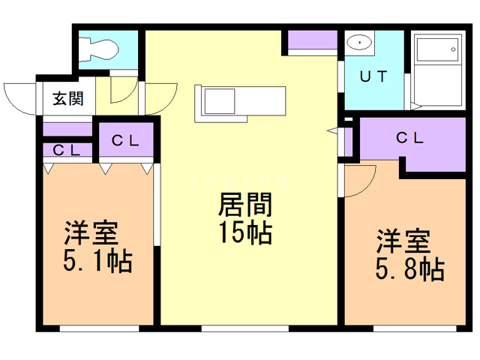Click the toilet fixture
click(x=97, y=47)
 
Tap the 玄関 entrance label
click(x=67, y=97)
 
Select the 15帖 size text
click(x=244, y=234)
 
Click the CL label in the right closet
click(x=409, y=138)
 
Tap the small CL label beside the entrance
click(x=67, y=150)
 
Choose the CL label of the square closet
click(x=126, y=139)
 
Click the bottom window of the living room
click(x=244, y=328)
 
